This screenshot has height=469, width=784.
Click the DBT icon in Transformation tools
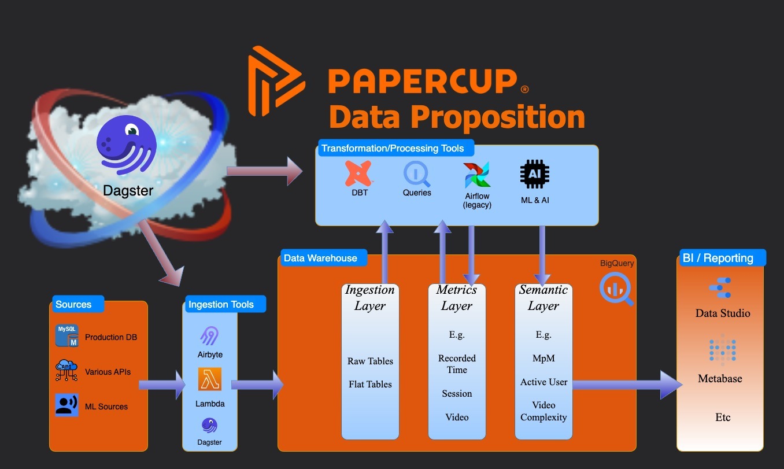click(359, 173)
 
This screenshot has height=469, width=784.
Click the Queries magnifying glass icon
click(416, 173)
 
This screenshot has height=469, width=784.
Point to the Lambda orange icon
click(210, 379)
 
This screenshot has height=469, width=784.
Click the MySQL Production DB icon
click(67, 336)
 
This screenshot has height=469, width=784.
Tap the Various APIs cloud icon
click(66, 371)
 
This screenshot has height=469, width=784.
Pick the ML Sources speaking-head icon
click(67, 405)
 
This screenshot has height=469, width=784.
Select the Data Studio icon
click(720, 288)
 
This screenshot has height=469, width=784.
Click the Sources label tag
click(74, 304)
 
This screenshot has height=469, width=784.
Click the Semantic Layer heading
click(543, 297)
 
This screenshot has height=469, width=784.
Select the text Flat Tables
click(370, 384)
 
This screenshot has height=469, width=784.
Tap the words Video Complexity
click(543, 411)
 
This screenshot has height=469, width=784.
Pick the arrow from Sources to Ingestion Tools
click(162, 385)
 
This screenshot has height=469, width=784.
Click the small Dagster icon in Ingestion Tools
click(209, 426)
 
